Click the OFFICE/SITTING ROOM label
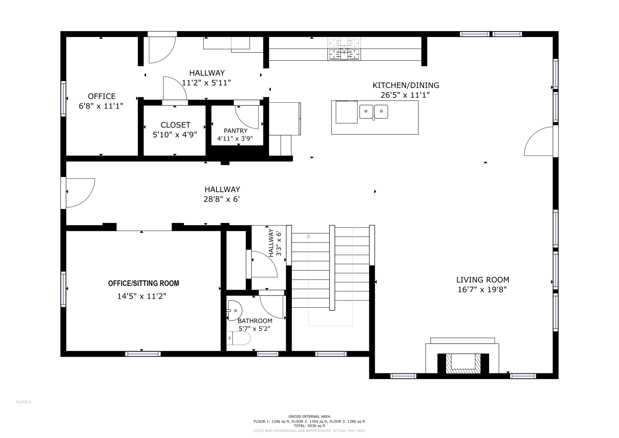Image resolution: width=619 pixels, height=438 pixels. (143, 283)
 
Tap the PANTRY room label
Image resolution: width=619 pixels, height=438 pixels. (236, 131)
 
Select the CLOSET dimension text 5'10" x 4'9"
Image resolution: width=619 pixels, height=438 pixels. (175, 135)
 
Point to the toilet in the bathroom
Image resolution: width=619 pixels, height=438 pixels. (238, 338)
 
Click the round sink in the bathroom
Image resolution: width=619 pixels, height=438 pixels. (235, 310)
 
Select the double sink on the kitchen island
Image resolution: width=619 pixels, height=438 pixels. (374, 112)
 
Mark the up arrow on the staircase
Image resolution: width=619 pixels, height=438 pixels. (308, 236)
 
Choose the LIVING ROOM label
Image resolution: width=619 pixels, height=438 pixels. (483, 280)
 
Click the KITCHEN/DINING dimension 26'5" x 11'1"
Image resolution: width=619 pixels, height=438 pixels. (405, 95)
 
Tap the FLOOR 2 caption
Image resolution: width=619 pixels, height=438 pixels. (24, 402)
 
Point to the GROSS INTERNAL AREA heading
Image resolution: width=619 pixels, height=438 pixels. (309, 417)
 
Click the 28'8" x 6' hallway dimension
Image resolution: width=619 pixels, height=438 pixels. (222, 199)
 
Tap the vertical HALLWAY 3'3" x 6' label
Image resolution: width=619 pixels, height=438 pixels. (275, 243)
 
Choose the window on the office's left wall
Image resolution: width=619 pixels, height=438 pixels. (63, 99)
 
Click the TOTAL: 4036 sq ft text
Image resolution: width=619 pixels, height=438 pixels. (309, 426)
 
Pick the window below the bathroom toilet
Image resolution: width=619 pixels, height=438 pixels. (268, 354)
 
